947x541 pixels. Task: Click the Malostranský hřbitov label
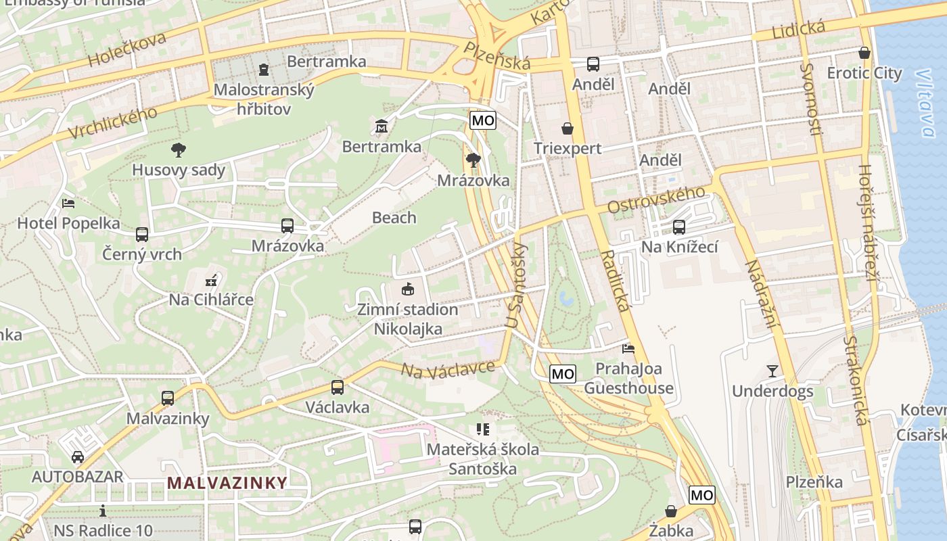coord(264,99)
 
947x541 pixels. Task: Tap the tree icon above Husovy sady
coord(179,150)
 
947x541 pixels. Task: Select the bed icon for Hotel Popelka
coord(68,203)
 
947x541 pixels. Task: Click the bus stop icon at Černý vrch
coord(142,235)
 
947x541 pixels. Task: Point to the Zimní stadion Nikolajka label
coord(408,319)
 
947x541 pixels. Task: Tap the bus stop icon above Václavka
coord(337,387)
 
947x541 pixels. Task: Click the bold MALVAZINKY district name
coord(227,483)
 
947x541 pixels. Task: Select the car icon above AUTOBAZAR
coord(78,457)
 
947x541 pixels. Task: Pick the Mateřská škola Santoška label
coord(482,459)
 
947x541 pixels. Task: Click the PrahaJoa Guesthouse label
coord(628,378)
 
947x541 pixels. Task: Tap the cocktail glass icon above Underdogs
coord(772,371)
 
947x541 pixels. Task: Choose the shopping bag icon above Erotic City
coord(864,53)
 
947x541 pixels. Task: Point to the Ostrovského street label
coord(655,199)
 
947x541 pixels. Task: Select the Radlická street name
coord(615,280)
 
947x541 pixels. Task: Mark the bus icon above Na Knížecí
coord(679,227)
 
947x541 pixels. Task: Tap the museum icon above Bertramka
coord(381,126)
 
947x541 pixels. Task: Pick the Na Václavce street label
coord(448,370)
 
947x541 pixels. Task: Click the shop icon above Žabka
coord(671,511)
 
